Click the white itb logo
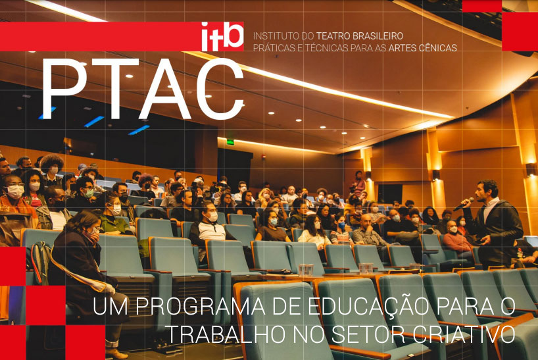pos(222,36)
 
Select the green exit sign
pos(230,141)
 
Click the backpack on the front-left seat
pos(41,263)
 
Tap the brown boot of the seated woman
pos(116,353)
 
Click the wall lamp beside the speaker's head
pos(530,170)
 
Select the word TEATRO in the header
pos(330,36)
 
